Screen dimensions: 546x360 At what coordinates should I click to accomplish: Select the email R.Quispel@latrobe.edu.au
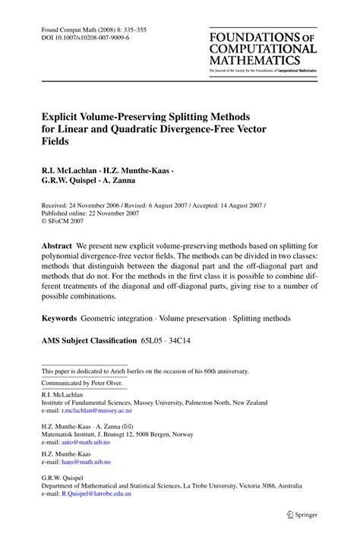pos(99,494)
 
